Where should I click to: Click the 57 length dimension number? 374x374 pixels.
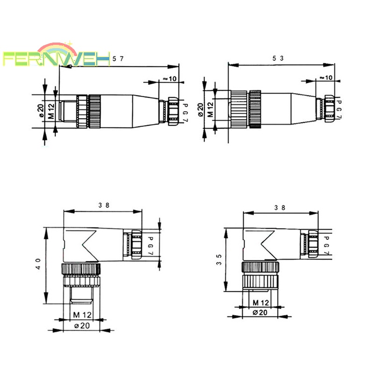[x=118, y=58]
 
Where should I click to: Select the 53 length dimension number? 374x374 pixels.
[x=278, y=58]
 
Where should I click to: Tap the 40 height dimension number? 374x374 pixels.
[x=38, y=264]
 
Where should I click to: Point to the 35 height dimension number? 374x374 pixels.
[x=219, y=260]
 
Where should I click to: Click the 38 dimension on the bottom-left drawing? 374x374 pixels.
[x=104, y=205]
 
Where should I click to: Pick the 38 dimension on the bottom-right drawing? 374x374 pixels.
[x=280, y=208]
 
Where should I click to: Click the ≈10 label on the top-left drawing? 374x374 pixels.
[x=170, y=79]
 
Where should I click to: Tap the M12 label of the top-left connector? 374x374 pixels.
[x=51, y=111]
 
